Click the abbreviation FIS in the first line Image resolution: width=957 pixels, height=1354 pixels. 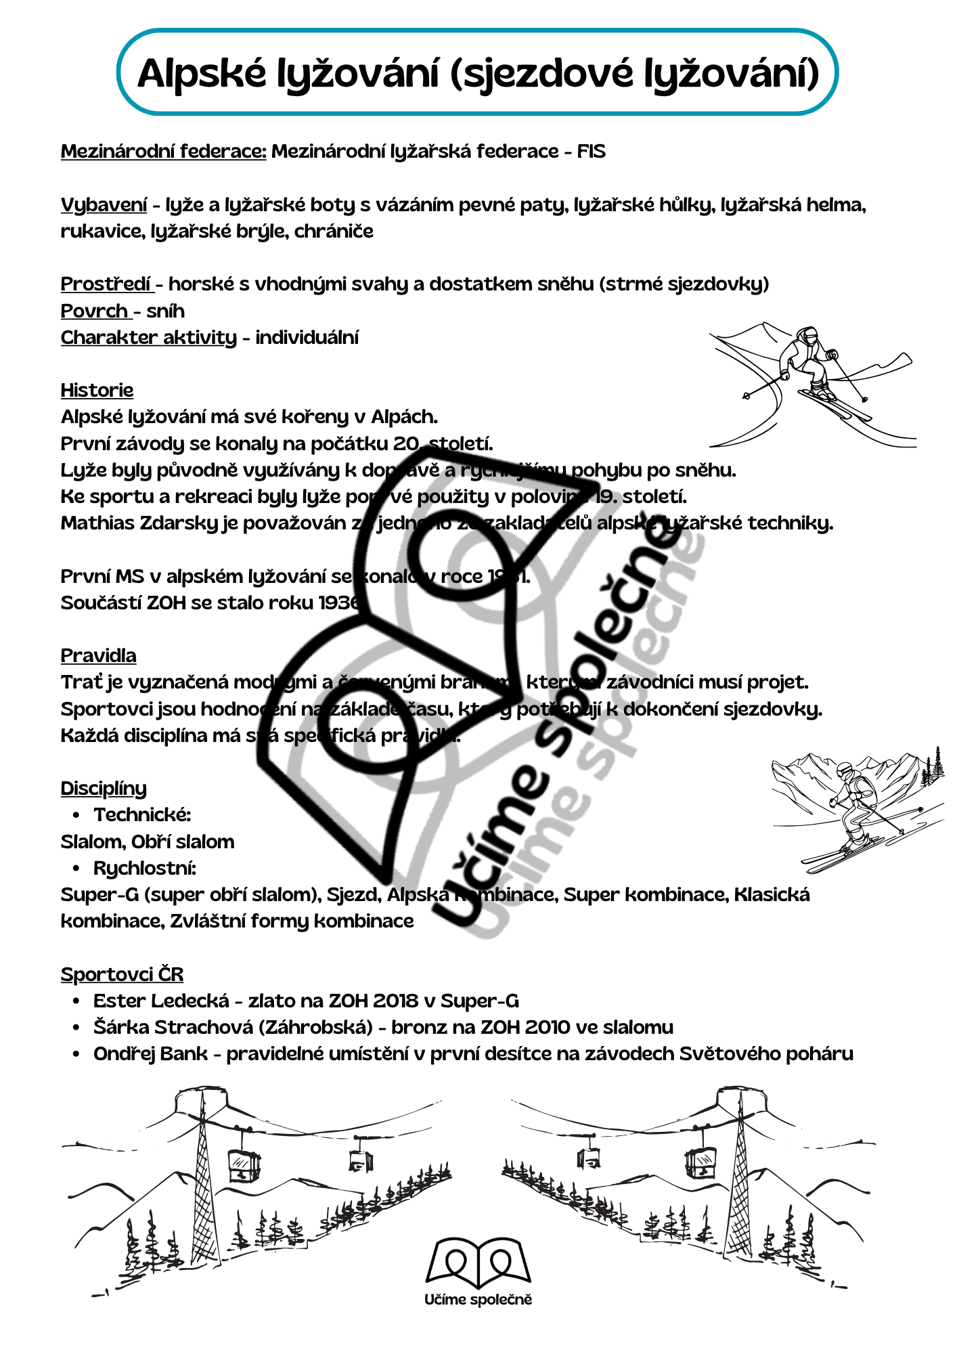(591, 151)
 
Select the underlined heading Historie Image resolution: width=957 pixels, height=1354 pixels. (97, 390)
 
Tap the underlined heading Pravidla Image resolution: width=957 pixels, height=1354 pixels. (98, 655)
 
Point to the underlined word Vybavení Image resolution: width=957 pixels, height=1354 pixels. (104, 204)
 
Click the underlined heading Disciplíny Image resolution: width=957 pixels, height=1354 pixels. (104, 788)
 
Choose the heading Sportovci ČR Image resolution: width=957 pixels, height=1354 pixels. (122, 974)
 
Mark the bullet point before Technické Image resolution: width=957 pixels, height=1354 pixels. (76, 815)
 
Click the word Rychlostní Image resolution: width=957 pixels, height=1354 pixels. (144, 868)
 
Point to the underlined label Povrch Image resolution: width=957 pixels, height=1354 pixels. (94, 311)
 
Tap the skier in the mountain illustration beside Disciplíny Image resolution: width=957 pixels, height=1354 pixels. (854, 806)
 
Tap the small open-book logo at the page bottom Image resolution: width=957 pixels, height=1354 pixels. (478, 1263)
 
